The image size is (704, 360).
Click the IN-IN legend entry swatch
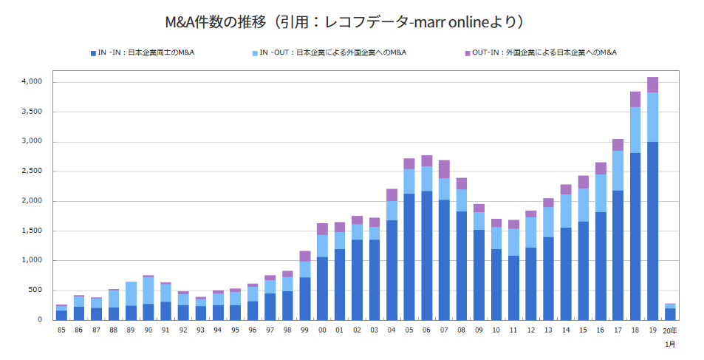click(92, 53)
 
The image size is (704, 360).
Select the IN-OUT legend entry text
click(333, 53)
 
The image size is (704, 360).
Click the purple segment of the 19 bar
click(652, 84)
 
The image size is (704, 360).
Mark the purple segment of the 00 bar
click(322, 229)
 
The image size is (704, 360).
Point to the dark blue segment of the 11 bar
click(513, 288)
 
